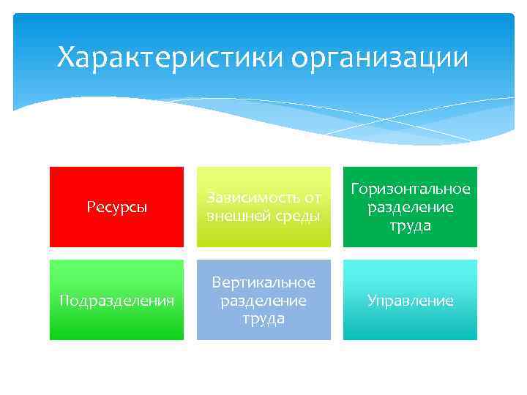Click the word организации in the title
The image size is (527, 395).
tap(379, 57)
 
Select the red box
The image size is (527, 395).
tap(116, 206)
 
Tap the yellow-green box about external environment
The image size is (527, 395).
tap(263, 206)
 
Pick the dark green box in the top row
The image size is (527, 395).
tap(410, 206)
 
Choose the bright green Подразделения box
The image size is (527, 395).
tap(116, 300)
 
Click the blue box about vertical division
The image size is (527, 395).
tap(263, 300)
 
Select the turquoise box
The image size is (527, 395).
tap(410, 300)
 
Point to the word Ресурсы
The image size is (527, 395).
tap(116, 208)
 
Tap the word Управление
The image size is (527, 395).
tap(410, 301)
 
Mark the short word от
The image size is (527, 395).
tap(311, 197)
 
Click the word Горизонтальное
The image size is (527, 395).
tap(410, 189)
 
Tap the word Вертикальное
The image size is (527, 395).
tap(263, 282)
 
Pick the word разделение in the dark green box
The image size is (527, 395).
tap(410, 208)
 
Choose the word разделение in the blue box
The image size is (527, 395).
tap(263, 301)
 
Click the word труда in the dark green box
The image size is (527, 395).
tap(410, 226)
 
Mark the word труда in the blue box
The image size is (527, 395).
tap(263, 320)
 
